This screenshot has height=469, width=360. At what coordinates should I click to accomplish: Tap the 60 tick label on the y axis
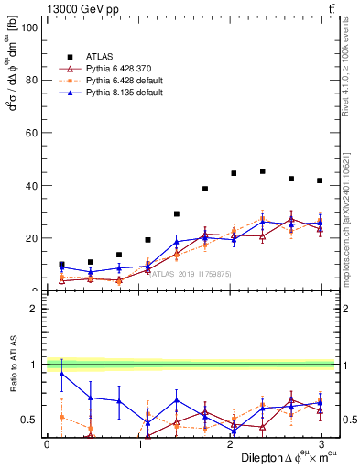(x=30, y=133)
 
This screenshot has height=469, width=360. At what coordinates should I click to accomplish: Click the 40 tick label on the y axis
(x=30, y=186)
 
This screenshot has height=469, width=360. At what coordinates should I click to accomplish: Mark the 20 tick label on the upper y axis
(x=30, y=238)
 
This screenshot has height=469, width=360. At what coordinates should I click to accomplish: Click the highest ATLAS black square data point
(x=263, y=171)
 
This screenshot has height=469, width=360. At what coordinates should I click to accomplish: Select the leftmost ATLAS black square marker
(x=61, y=265)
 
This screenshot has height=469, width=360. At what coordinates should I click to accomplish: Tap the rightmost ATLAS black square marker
(x=320, y=180)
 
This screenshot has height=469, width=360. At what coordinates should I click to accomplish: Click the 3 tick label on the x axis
(x=320, y=443)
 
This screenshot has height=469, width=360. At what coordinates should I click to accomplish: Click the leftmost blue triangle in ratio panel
(x=61, y=374)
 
